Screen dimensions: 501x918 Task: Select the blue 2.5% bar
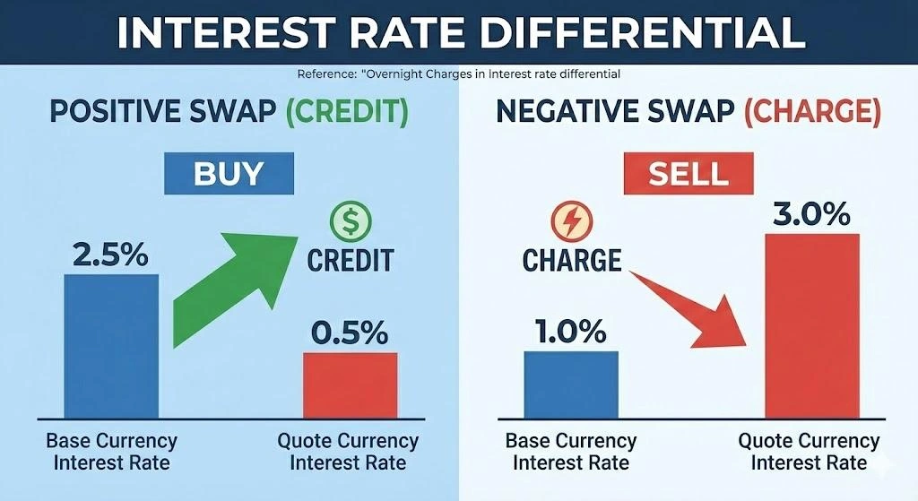(111, 345)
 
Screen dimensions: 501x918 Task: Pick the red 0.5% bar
(350, 384)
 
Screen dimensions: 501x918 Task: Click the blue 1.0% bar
(571, 384)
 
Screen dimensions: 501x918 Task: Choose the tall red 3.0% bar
(811, 324)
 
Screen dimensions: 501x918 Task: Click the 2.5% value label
(111, 255)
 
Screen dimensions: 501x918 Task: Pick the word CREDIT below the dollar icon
(350, 260)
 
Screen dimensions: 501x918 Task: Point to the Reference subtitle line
(457, 73)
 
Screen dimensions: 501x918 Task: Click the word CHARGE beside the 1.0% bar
(572, 260)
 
